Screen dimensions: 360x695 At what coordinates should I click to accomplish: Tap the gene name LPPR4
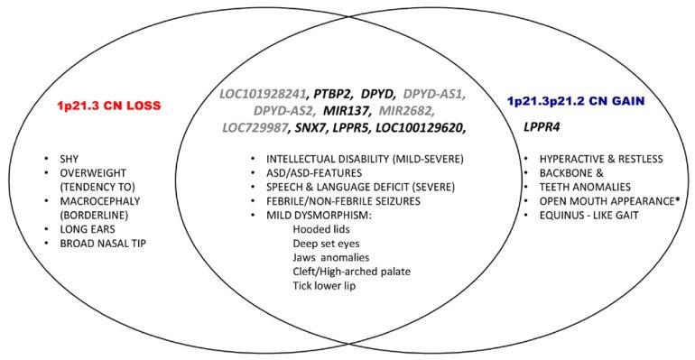pos(542,127)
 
